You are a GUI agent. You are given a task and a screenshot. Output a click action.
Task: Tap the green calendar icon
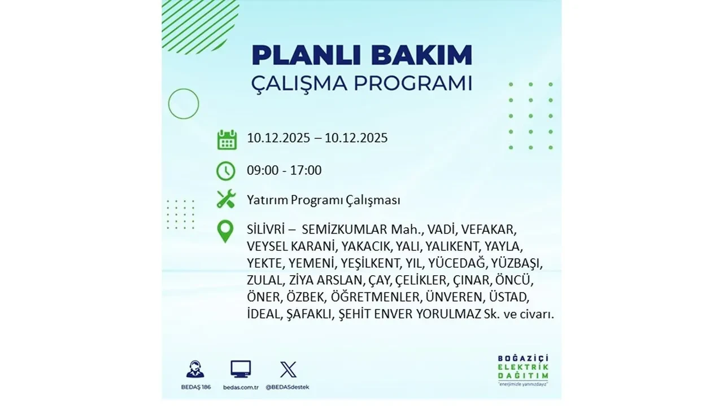[227, 139]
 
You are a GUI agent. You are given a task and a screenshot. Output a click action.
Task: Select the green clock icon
[226, 170]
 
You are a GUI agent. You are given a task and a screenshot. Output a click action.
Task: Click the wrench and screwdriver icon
[226, 199]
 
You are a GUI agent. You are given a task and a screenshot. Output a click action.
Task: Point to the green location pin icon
[225, 231]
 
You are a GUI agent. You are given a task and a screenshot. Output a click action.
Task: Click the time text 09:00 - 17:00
[284, 170]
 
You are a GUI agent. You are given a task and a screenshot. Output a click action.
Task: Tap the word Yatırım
[267, 200]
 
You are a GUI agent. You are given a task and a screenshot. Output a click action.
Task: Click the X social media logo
[288, 370]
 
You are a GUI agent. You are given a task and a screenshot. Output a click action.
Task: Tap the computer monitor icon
[241, 369]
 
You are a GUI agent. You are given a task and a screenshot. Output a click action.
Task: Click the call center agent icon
[195, 369]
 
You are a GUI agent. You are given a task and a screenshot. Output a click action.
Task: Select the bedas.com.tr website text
[241, 387]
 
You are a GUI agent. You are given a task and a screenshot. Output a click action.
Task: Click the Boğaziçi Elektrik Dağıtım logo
[523, 369]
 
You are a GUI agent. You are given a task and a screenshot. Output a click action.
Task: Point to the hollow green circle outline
[184, 104]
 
